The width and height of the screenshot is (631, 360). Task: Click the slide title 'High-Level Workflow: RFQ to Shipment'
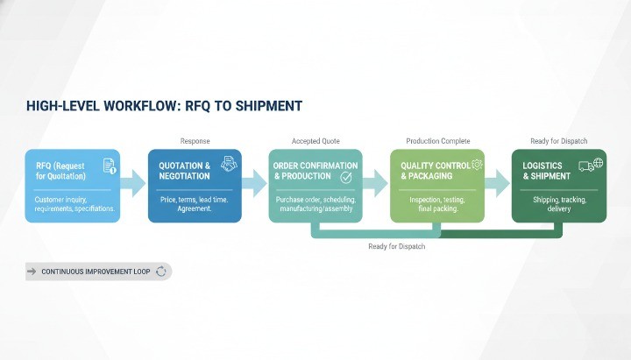[164, 106]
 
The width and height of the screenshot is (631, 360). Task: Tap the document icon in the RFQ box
[110, 166]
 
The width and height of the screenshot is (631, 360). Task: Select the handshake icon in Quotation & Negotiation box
[229, 163]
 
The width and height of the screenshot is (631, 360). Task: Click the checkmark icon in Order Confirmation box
[346, 177]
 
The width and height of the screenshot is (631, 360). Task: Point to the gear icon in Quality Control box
[477, 164]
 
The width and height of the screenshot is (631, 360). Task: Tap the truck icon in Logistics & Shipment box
[585, 165]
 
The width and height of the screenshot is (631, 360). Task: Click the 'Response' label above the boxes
[195, 141]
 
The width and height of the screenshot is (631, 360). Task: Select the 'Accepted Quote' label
[315, 141]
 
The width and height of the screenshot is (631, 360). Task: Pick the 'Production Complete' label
[437, 141]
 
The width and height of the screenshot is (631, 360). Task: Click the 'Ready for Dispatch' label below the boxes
[397, 247]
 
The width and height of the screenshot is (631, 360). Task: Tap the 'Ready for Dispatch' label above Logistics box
[558, 141]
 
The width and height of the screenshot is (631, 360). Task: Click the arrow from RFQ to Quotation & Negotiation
[132, 183]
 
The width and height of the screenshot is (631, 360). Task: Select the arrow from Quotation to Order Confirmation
[253, 183]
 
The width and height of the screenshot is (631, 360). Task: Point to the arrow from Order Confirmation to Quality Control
[374, 183]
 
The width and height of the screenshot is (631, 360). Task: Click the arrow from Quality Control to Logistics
[496, 183]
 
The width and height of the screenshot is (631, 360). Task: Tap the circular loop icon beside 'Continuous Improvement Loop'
[161, 272]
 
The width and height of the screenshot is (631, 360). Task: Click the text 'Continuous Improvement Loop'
[96, 272]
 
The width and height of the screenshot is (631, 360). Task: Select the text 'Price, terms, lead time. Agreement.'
[195, 205]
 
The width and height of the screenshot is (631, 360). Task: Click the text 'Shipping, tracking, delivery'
[558, 205]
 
